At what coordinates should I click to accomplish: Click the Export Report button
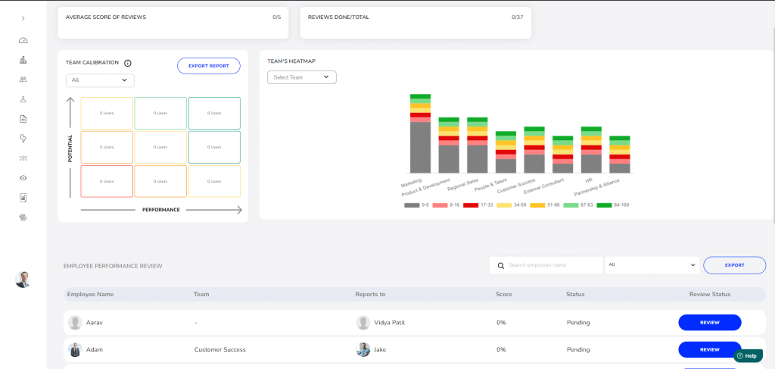[x=208, y=66]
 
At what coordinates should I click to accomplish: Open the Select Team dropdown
[x=301, y=77]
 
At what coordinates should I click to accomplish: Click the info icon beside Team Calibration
[x=128, y=64]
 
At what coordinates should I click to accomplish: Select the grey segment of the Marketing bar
[x=420, y=147]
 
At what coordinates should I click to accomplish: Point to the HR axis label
[x=588, y=181]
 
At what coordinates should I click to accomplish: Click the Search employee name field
[x=546, y=265]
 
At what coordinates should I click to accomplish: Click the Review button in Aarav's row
[x=709, y=323]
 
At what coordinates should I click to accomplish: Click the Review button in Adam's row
[x=709, y=349]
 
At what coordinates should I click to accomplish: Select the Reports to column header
[x=371, y=294]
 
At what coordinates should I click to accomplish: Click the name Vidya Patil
[x=390, y=323]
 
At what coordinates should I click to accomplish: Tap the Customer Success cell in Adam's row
[x=219, y=349]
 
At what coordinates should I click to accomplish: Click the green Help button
[x=747, y=355]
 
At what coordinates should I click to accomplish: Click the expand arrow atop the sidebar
[x=23, y=18]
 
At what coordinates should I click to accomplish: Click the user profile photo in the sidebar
[x=23, y=279]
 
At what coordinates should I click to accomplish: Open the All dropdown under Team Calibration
[x=100, y=80]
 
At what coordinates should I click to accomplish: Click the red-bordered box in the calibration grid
[x=107, y=181]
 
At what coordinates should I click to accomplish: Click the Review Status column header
[x=710, y=294]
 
